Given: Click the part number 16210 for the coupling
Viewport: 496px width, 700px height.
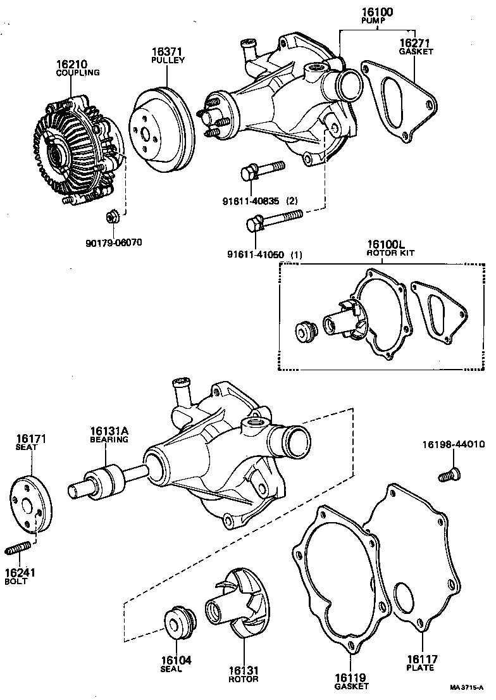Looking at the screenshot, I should coord(71,64).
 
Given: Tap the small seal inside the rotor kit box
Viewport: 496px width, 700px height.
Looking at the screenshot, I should coord(306,331).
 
